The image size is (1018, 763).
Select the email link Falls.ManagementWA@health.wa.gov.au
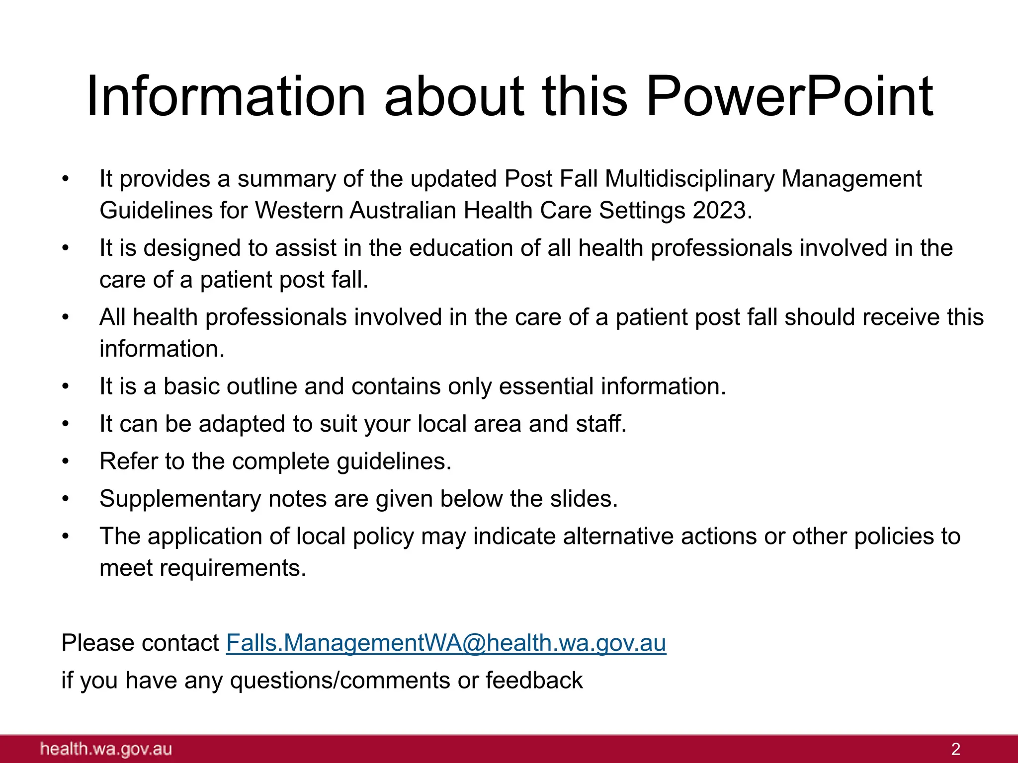click(446, 643)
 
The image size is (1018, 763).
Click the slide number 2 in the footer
click(955, 749)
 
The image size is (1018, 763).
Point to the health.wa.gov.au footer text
click(106, 749)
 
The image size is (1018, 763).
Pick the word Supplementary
click(180, 499)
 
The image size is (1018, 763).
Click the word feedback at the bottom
click(534, 680)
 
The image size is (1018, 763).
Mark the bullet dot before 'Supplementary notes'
click(65, 499)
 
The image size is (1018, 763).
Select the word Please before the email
click(97, 643)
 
